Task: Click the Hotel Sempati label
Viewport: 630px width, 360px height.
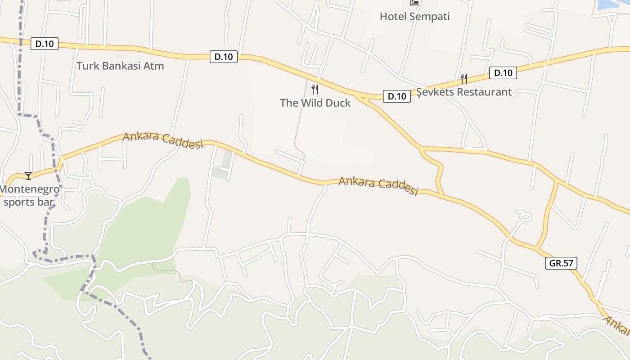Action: click(x=414, y=17)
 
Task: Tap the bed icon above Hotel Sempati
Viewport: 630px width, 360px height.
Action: click(x=414, y=3)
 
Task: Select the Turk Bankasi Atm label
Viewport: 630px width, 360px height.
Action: click(x=120, y=66)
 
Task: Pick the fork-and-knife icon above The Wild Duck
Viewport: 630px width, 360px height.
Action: click(x=315, y=90)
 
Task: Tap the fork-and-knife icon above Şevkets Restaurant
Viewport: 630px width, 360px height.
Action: click(x=463, y=79)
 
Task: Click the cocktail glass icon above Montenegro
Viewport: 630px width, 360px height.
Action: click(x=28, y=175)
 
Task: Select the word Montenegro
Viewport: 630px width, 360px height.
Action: click(x=30, y=189)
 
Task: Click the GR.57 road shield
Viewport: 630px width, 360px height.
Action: click(x=561, y=263)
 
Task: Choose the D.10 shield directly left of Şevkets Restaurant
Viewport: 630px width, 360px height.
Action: click(x=396, y=96)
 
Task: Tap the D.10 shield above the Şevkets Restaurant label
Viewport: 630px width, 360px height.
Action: click(x=503, y=73)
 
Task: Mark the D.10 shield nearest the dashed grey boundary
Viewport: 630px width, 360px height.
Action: click(x=45, y=44)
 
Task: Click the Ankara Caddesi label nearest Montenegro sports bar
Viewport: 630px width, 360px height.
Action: click(x=162, y=139)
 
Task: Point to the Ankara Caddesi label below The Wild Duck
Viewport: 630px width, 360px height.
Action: click(x=378, y=185)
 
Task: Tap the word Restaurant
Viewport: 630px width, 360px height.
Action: click(x=487, y=92)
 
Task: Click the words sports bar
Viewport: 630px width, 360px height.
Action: click(x=29, y=202)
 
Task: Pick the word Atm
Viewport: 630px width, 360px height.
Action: click(x=154, y=66)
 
